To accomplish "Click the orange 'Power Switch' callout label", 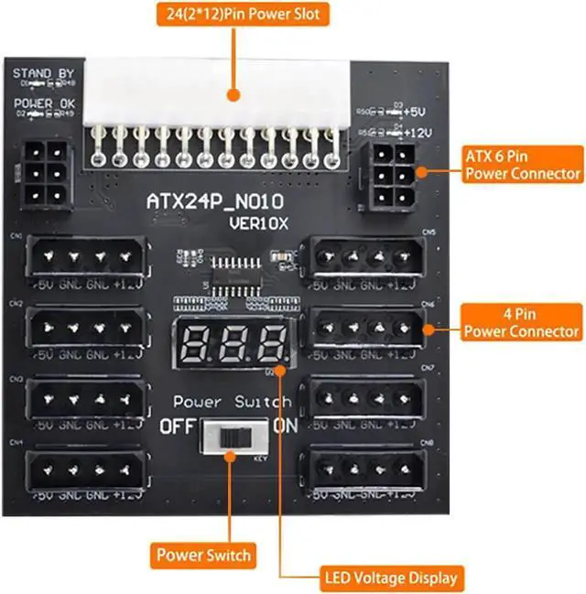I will point(203,555).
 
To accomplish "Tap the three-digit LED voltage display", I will point(234,345).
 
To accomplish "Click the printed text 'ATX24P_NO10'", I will point(216,200).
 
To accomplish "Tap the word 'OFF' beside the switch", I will point(177,427).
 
